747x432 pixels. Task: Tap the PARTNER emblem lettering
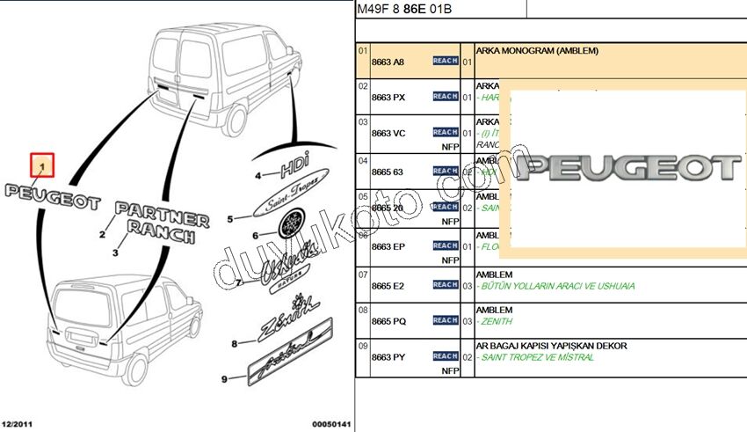pos(162,214)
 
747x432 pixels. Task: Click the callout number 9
pos(224,379)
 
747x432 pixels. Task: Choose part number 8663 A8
pos(388,62)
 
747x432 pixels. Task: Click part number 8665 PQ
pos(388,322)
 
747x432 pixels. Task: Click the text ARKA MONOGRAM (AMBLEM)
pos(536,51)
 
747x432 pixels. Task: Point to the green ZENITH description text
pos(497,323)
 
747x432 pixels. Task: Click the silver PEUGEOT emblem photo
pos(626,168)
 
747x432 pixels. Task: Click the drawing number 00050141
pos(331,425)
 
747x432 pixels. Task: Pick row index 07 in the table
pos(362,275)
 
